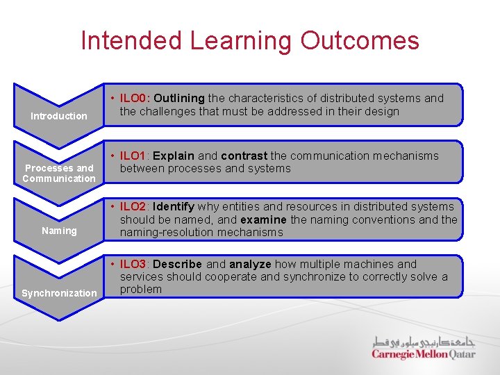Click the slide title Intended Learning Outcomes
pos(250,40)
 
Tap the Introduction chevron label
pos(59,116)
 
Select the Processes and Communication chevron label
pos(59,173)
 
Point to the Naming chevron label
pos(59,231)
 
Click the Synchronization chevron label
pos(59,293)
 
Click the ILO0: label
pos(136,99)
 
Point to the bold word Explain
pos(174,156)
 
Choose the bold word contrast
pos(244,156)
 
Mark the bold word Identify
pos(174,206)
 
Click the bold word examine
pos(263,219)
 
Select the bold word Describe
pos(177,264)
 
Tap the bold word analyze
pos(250,264)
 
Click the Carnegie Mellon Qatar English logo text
pos(423,354)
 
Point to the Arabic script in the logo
pos(424,341)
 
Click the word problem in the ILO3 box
pos(140,289)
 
